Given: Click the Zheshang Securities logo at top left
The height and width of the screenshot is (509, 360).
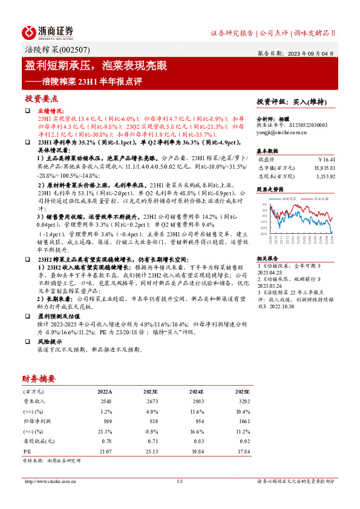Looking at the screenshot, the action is tap(47, 31).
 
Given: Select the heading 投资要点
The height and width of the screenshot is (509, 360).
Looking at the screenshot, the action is tap(41, 99).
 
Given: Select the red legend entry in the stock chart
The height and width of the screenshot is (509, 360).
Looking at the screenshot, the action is tap(319, 198).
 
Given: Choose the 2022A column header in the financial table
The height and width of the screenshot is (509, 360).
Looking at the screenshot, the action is tap(105, 392).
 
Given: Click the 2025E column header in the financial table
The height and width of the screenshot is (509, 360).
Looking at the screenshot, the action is tap(241, 392).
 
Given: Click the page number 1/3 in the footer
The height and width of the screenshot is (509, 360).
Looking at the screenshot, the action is tap(180, 481).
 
